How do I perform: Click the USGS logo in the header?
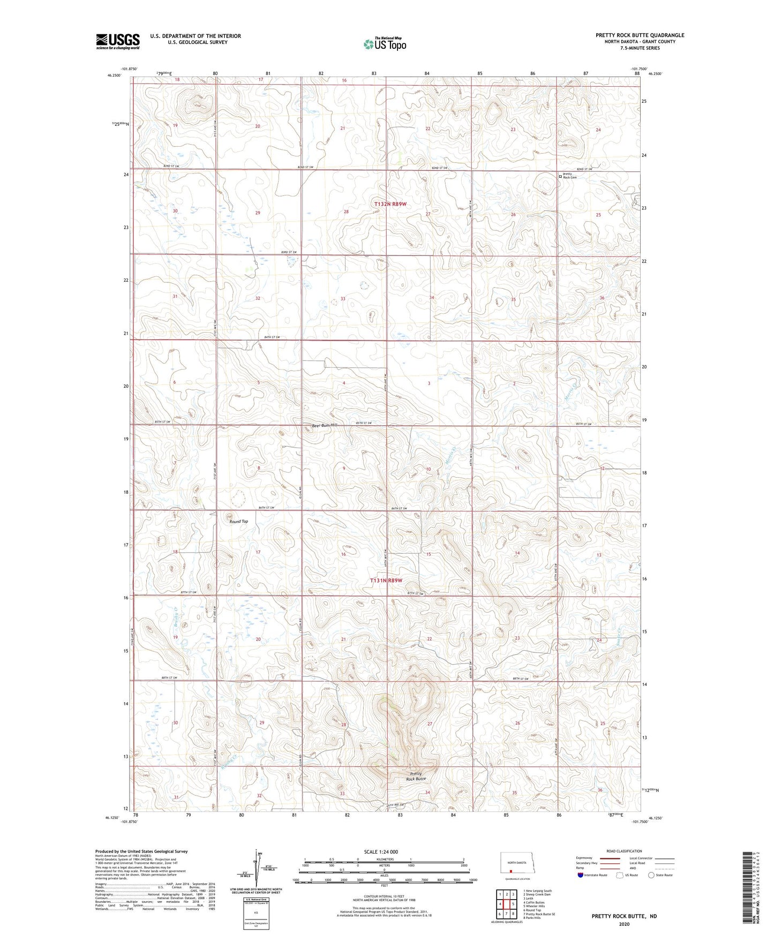click(x=117, y=41)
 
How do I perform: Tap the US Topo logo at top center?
click(x=384, y=44)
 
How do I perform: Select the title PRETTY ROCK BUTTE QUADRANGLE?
click(x=640, y=35)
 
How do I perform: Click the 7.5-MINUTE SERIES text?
click(x=640, y=48)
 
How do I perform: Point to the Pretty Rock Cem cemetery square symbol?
click(x=560, y=176)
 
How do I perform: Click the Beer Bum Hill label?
click(x=325, y=425)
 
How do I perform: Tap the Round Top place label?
click(x=238, y=521)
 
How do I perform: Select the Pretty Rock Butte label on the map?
click(x=416, y=776)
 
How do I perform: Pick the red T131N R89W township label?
click(x=386, y=580)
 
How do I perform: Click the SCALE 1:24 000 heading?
click(x=384, y=852)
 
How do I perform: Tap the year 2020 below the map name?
click(x=624, y=924)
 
